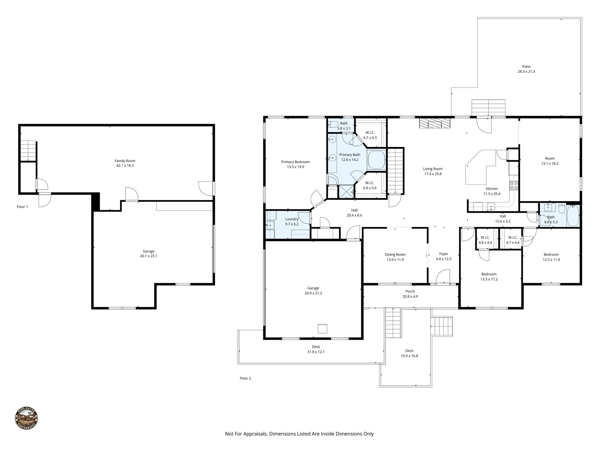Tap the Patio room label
tap(526, 66)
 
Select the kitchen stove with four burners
tap(514, 185)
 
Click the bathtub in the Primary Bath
tap(376, 160)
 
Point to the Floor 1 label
tap(23, 207)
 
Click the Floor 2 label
tap(245, 378)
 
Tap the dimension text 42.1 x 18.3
tap(125, 165)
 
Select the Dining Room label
tap(395, 255)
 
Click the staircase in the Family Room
tap(28, 151)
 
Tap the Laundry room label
tap(292, 219)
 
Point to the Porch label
tap(410, 291)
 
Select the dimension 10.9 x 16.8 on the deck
tap(409, 356)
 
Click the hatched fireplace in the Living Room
tap(435, 123)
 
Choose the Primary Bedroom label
tap(295, 162)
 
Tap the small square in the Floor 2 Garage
tap(323, 329)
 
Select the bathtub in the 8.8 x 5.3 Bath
tap(573, 216)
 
